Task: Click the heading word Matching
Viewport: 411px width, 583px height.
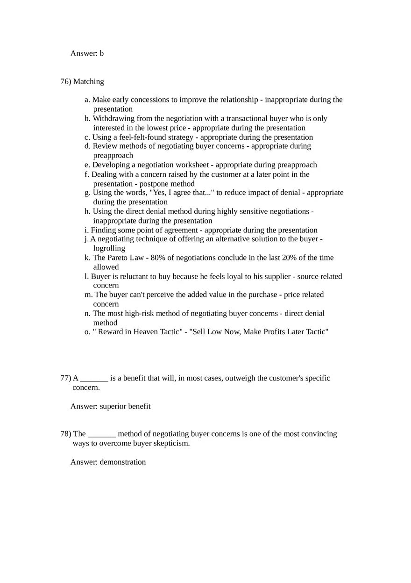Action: pos(89,81)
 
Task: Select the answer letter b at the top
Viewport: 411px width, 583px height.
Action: pos(102,53)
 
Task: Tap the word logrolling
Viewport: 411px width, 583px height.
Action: pos(109,248)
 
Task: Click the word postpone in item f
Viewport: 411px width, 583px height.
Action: pos(154,184)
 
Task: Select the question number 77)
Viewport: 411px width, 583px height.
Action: pos(65,378)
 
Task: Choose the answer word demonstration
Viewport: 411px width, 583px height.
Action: pos(122,462)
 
